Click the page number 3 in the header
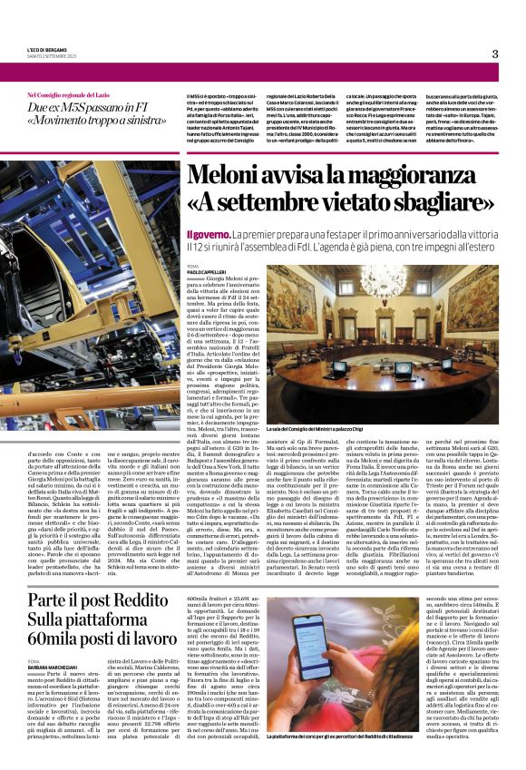(495, 54)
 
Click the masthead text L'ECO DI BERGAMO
(47, 48)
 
